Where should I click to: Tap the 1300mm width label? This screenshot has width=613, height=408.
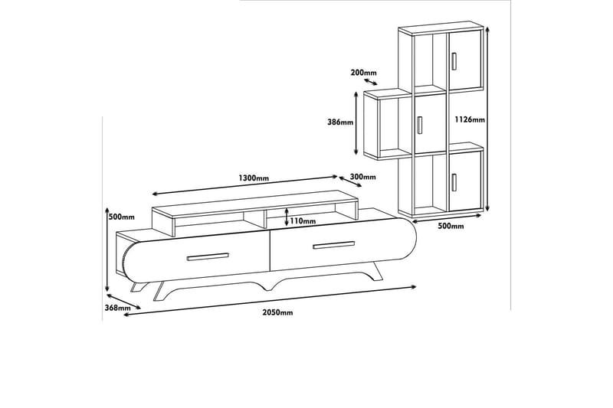tap(254, 178)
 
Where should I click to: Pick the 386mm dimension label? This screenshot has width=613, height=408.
tap(341, 122)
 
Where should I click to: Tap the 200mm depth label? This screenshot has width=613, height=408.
tap(363, 73)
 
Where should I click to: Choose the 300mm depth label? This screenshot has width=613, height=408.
tap(363, 177)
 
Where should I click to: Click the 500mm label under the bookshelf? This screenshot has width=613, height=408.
tap(451, 227)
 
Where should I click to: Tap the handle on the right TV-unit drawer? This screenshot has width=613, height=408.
tap(333, 245)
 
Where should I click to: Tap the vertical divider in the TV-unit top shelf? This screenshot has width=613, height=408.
tap(266, 218)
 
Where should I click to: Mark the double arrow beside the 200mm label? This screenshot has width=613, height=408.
tap(370, 81)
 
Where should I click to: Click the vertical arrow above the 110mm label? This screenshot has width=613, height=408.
tap(287, 211)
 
